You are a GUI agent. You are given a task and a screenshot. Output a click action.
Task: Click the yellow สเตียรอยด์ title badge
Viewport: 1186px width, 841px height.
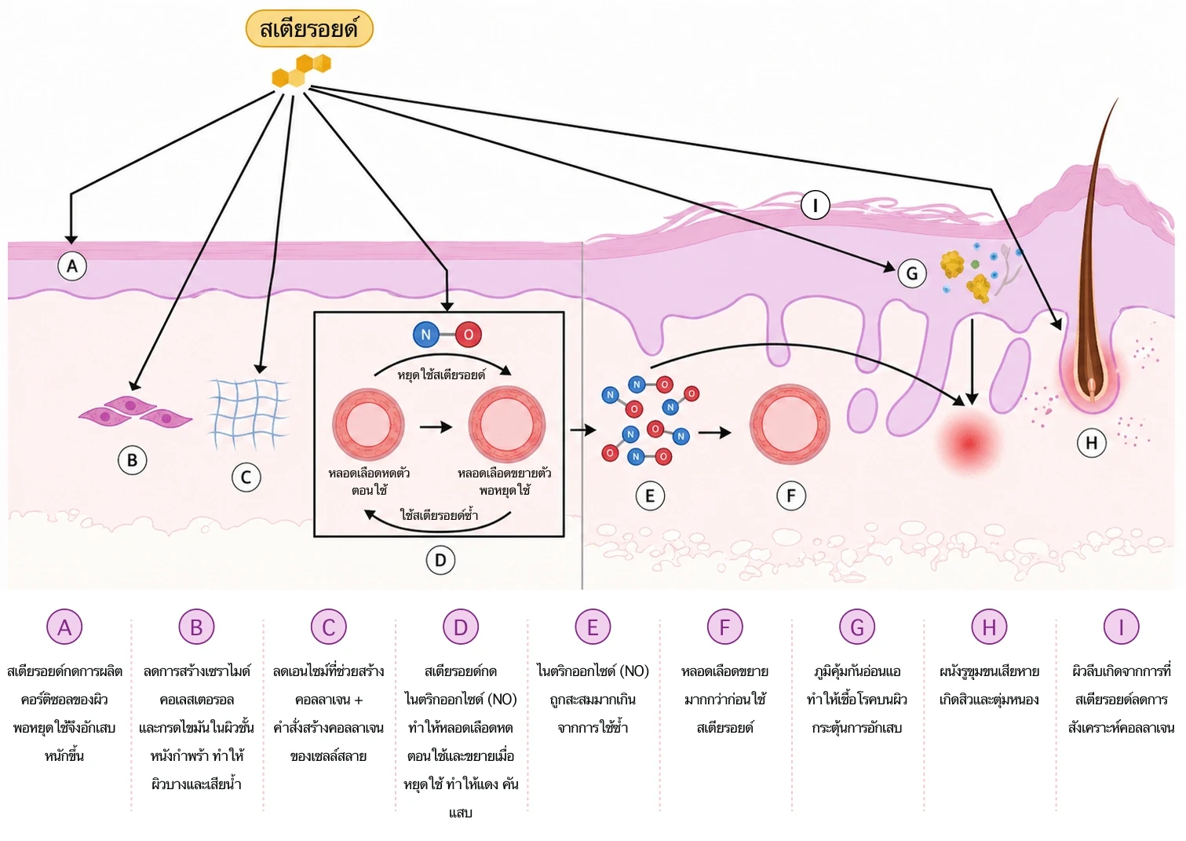tap(308, 29)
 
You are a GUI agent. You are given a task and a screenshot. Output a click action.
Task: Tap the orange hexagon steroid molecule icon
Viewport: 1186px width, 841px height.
tap(301, 70)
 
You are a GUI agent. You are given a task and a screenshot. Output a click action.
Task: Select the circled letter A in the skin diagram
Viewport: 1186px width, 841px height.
tap(72, 266)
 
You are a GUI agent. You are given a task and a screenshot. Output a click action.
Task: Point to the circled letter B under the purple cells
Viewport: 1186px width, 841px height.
tap(132, 460)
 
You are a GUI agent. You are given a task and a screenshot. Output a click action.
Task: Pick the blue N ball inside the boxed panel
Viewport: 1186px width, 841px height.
tap(426, 335)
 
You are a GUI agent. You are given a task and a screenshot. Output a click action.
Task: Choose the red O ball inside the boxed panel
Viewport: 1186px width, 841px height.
tap(469, 335)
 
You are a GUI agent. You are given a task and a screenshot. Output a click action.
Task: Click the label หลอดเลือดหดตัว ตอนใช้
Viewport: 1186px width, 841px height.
tap(369, 481)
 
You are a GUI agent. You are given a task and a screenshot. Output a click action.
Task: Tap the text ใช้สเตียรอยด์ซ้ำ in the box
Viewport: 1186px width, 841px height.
tap(438, 515)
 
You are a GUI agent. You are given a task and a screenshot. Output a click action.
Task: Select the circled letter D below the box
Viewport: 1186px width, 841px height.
tap(440, 560)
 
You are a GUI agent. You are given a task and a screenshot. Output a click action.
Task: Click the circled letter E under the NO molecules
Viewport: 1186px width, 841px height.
tap(650, 495)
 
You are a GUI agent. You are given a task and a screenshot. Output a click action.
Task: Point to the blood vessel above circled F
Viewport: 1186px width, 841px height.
tap(789, 425)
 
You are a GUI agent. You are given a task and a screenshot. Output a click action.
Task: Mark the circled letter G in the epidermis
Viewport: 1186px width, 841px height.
tap(912, 273)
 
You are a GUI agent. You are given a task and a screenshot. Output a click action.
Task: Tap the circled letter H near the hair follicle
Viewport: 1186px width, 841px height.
tap(1091, 443)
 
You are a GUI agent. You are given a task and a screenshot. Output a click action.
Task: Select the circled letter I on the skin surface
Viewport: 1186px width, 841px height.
tap(816, 206)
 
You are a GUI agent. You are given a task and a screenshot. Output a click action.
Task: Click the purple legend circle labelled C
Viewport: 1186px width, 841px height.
tap(328, 627)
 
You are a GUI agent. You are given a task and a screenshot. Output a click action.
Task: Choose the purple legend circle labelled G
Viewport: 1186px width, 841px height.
tap(857, 627)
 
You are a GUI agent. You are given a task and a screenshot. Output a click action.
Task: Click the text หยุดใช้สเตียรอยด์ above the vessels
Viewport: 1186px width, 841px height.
tap(441, 375)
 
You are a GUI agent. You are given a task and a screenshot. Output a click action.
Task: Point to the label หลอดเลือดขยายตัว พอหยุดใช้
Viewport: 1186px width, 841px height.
tap(505, 481)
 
